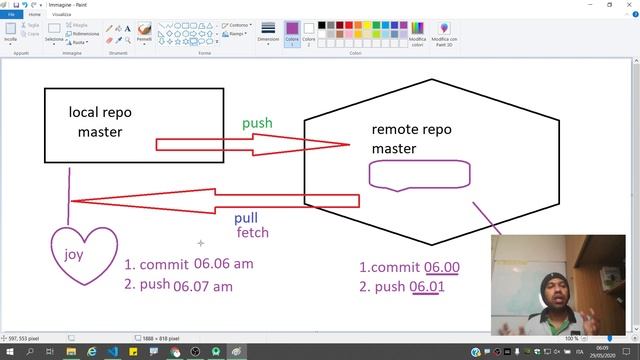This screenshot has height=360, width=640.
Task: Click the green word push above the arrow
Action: coord(257,123)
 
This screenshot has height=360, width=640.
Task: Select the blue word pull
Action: coord(246,218)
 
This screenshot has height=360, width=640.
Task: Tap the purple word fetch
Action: coord(252,233)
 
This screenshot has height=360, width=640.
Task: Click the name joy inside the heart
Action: coord(74,255)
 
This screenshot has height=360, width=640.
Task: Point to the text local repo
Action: coord(100,112)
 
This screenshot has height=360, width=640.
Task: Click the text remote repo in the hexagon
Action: coord(412,130)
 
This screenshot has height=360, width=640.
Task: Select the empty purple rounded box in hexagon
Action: coord(420,175)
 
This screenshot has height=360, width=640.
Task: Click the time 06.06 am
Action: coord(226,265)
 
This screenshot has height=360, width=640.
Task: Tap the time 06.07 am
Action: coord(203,286)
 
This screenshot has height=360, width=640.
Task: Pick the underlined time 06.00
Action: coord(442,267)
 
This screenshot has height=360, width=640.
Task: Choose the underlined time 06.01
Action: coord(427,288)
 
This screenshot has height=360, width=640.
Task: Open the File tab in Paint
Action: coord(11,15)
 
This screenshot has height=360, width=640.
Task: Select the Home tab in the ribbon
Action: coord(35,15)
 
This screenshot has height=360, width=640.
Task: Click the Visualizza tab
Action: coord(62,15)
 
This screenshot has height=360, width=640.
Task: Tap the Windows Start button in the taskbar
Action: coord(8,351)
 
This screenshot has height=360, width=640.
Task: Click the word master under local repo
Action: coord(100,132)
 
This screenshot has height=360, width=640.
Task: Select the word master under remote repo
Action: coord(393,149)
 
